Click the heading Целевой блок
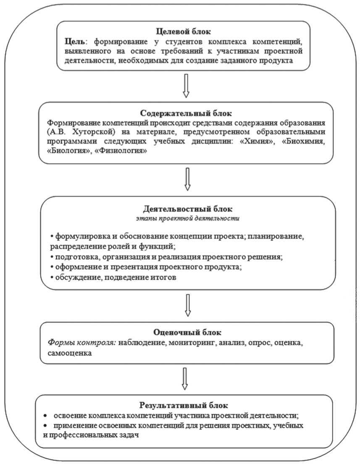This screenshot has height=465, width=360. (x=183, y=32)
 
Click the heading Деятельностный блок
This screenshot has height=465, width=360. (x=188, y=208)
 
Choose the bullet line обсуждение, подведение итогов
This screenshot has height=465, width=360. (x=112, y=278)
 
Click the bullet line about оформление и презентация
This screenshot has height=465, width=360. (x=147, y=267)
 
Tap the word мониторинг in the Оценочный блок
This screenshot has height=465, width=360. (x=193, y=344)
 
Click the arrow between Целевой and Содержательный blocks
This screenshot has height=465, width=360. (x=187, y=85)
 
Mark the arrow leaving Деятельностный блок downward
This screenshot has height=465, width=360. (x=187, y=305)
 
